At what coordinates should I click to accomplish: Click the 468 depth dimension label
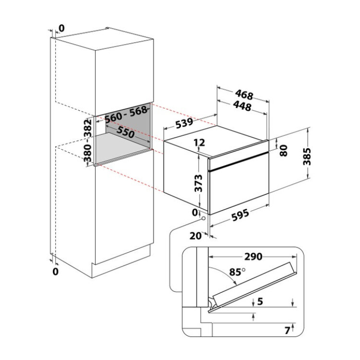point(244,95)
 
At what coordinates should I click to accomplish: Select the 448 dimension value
point(242,106)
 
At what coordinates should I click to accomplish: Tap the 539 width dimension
point(184,123)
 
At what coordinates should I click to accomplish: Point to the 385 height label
point(307,156)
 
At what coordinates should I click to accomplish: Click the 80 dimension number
point(284,150)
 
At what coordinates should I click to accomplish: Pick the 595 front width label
point(240,215)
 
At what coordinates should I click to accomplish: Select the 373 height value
point(198,183)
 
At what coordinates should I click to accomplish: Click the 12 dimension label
point(199,143)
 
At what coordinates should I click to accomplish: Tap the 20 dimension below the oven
point(195,236)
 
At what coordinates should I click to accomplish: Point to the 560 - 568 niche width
point(126,114)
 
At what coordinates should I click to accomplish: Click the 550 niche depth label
point(125,132)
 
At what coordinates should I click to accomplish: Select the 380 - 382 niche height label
point(87,141)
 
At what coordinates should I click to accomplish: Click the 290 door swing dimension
point(253,256)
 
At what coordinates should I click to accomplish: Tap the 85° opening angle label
point(238,272)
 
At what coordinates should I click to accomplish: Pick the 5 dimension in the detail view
point(260,301)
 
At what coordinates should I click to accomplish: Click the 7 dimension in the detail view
point(288,331)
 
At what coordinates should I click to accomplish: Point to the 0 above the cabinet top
point(61,28)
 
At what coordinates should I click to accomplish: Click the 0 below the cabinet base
point(56,272)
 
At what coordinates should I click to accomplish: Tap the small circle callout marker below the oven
point(204,218)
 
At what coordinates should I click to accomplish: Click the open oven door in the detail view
point(253,288)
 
